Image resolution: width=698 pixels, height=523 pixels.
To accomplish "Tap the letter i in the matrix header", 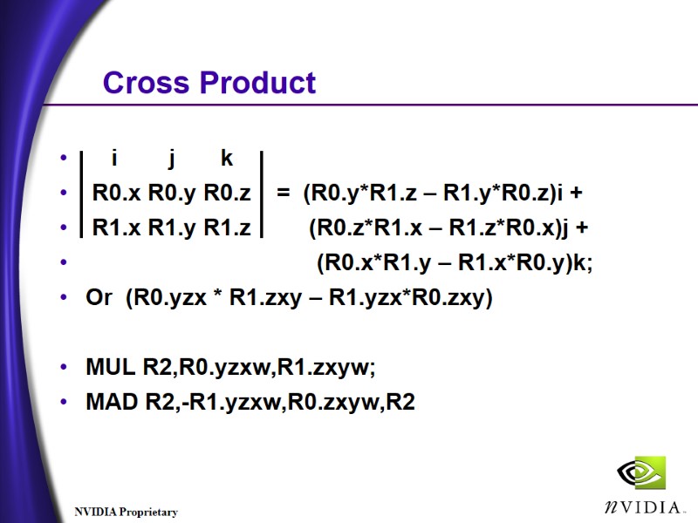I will pyautogui.click(x=114, y=159).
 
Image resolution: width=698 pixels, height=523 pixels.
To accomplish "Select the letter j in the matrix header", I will pyautogui.click(x=172, y=159).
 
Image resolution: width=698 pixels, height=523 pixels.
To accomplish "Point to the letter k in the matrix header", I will pyautogui.click(x=227, y=159).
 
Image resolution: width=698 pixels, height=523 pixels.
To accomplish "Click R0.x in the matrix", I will pyautogui.click(x=117, y=193).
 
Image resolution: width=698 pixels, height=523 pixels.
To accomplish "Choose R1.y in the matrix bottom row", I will pyautogui.click(x=173, y=228).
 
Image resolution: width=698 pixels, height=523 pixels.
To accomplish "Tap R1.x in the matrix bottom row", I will pyautogui.click(x=117, y=228).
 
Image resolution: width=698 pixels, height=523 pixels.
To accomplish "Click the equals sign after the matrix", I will pyautogui.click(x=283, y=193).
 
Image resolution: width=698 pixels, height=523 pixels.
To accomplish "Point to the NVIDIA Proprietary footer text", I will pyautogui.click(x=126, y=513).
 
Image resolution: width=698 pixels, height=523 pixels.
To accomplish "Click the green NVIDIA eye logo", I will pyautogui.click(x=640, y=473).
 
